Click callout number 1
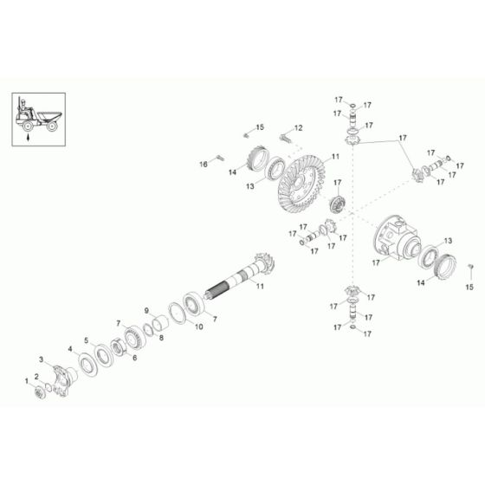(26, 380)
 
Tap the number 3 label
(41, 359)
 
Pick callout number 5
(86, 340)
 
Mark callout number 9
(147, 310)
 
